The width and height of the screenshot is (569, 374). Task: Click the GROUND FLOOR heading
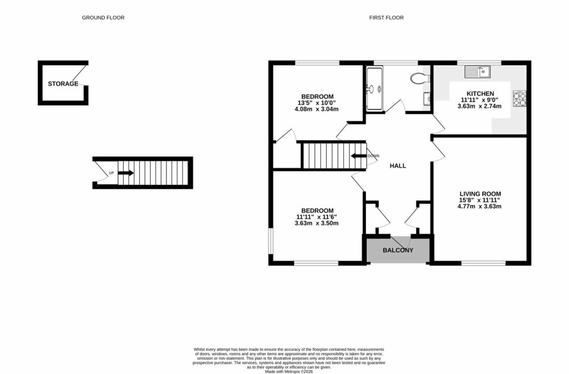(103, 18)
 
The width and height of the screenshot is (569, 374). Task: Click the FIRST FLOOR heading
(386, 18)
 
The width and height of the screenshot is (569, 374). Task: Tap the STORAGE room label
(63, 84)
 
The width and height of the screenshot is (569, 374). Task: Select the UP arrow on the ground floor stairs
(126, 173)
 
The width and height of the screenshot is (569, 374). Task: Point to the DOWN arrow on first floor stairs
(358, 156)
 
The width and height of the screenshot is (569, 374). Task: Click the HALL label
(397, 166)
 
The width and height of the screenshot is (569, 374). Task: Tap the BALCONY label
(398, 251)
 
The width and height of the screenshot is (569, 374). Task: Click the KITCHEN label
(480, 93)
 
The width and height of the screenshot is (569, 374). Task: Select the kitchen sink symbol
(478, 71)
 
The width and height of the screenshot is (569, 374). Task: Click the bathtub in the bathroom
(374, 88)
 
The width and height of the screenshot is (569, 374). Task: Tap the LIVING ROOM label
(480, 194)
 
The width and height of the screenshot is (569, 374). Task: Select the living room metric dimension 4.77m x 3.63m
(480, 207)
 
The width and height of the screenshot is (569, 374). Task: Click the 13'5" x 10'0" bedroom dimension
(317, 102)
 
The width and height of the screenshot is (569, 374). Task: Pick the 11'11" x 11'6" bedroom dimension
(317, 217)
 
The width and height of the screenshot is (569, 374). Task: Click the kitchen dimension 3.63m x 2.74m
(480, 106)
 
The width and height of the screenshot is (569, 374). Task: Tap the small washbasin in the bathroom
(426, 99)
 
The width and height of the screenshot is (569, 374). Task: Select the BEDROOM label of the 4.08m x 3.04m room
(317, 96)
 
